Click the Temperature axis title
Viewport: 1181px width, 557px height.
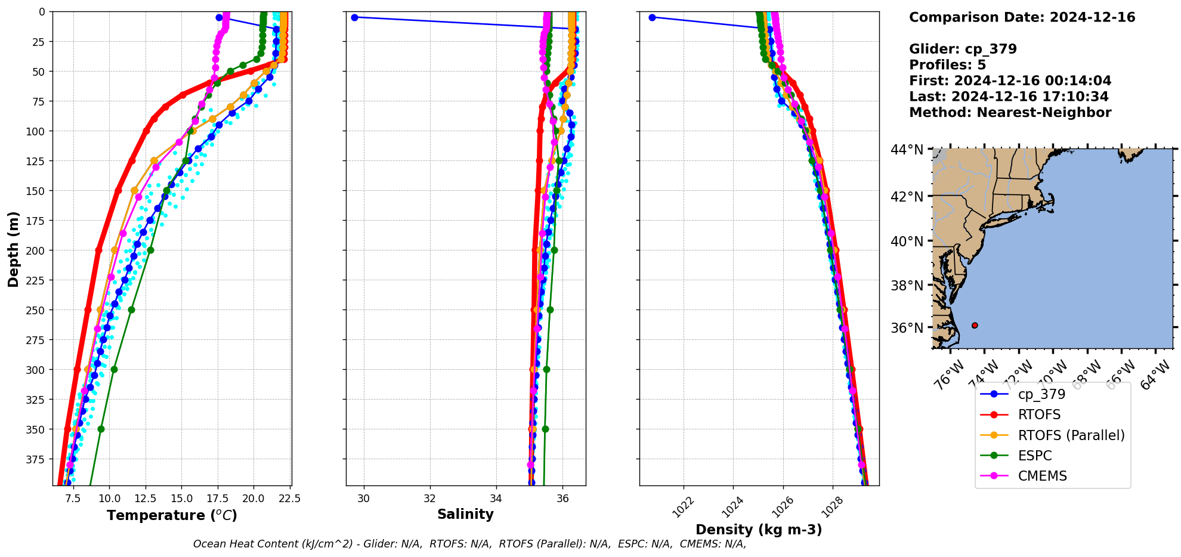pyautogui.click(x=172, y=515)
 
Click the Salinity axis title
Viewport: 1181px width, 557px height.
pyautogui.click(x=465, y=514)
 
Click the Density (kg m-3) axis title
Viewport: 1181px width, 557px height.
pyautogui.click(x=759, y=530)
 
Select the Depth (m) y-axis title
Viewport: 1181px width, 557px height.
pyautogui.click(x=13, y=249)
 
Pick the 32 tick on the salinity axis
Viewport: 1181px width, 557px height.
pyautogui.click(x=429, y=498)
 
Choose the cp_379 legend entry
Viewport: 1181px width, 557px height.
pyautogui.click(x=1041, y=394)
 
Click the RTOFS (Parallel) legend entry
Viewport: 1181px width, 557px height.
pyautogui.click(x=1071, y=435)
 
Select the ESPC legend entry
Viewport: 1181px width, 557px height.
pyautogui.click(x=1035, y=456)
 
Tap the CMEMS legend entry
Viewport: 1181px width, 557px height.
pyautogui.click(x=1042, y=476)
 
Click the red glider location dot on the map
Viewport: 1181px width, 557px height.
pyautogui.click(x=975, y=326)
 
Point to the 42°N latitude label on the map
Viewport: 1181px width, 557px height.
pyautogui.click(x=907, y=197)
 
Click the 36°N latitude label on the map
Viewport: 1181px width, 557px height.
pyautogui.click(x=907, y=328)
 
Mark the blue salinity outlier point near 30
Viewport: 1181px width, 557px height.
pyautogui.click(x=354, y=17)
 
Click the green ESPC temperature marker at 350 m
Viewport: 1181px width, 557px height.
pyautogui.click(x=101, y=429)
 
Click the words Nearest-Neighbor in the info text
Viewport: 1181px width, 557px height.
pyautogui.click(x=1044, y=113)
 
